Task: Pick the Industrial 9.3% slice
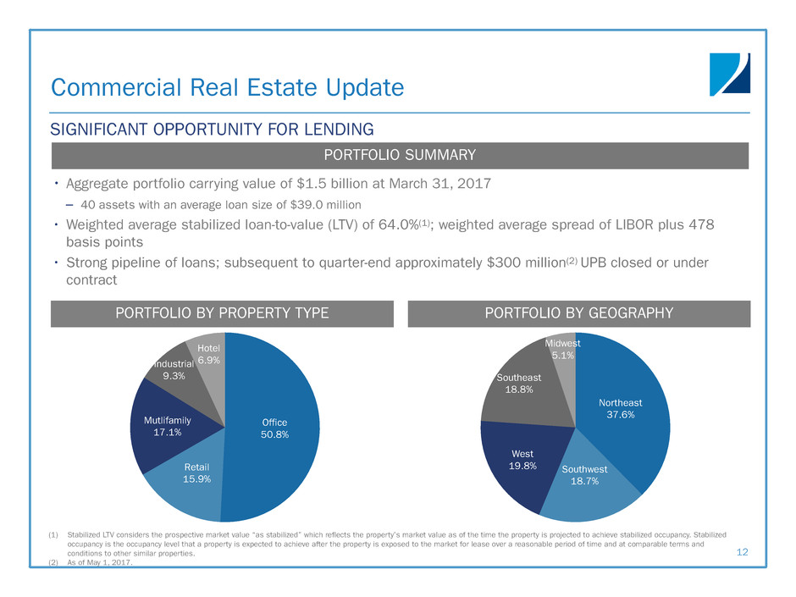pyautogui.click(x=169, y=370)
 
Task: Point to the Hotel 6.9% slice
pyautogui.click(x=209, y=356)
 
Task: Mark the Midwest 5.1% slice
pyautogui.click(x=561, y=350)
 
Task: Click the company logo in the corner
pyautogui.click(x=729, y=75)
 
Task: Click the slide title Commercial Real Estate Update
pyautogui.click(x=227, y=87)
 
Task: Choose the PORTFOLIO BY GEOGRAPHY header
pyautogui.click(x=578, y=313)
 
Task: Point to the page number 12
pyautogui.click(x=743, y=551)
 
